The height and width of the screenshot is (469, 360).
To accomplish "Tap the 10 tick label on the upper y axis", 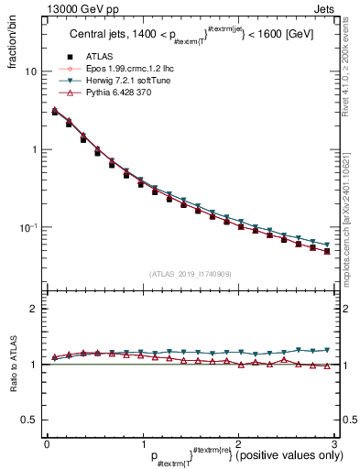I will pyautogui.click(x=31, y=71).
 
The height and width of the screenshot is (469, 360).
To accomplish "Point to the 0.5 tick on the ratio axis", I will pyautogui.click(x=29, y=420).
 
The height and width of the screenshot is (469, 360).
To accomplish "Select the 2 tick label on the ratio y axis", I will pyautogui.click(x=34, y=310).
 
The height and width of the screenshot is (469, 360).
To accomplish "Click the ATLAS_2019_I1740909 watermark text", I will pyautogui.click(x=190, y=274).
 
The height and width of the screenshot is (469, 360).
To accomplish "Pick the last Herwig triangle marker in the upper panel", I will pyautogui.click(x=327, y=245).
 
